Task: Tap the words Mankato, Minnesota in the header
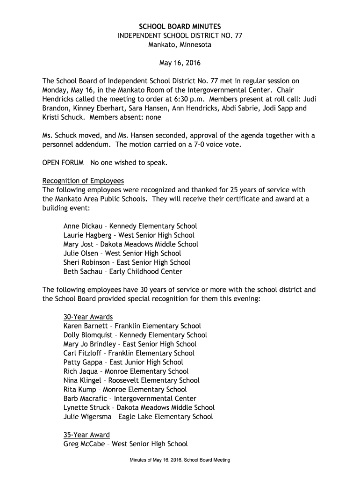[180, 45]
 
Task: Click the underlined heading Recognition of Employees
[83, 181]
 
